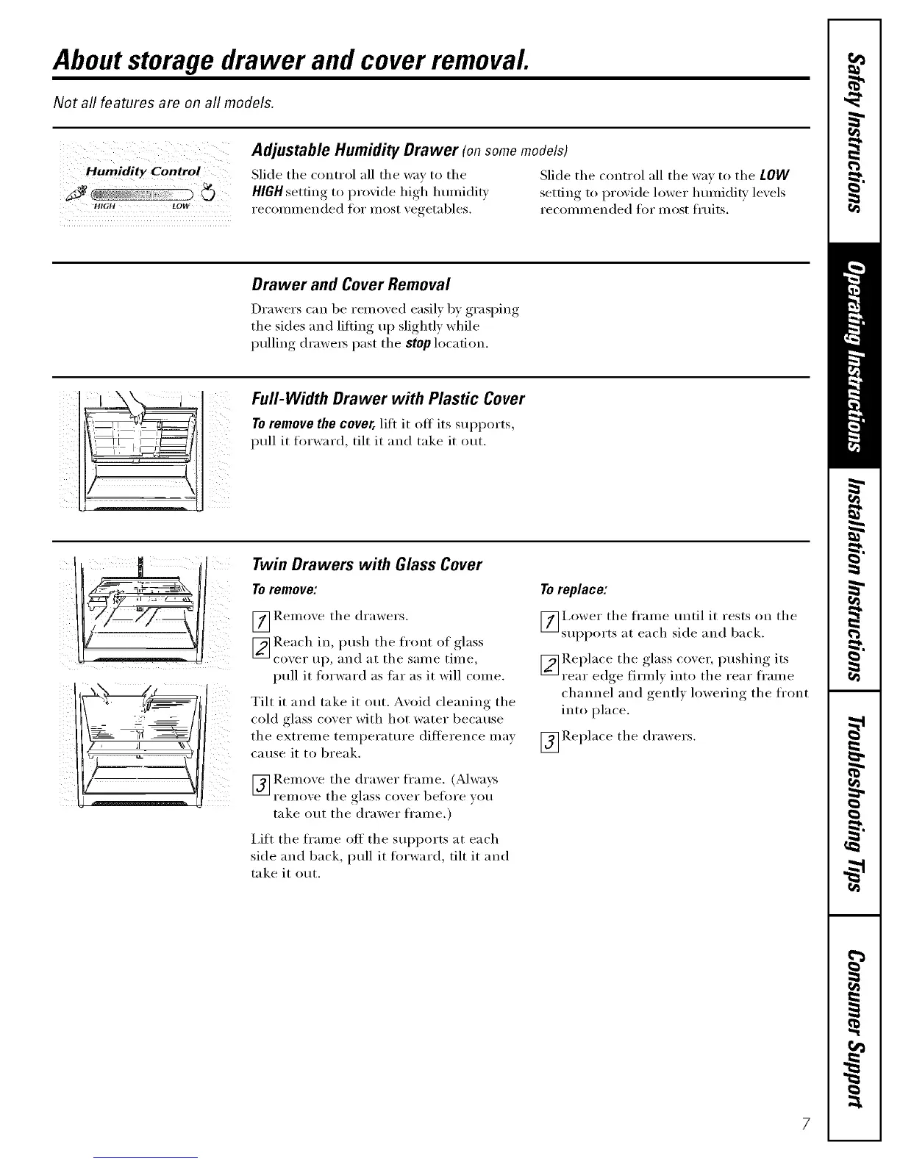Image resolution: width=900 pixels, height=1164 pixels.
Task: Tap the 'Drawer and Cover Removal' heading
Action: click(x=350, y=284)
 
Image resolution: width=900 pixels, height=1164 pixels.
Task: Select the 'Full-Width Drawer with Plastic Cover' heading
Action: click(x=387, y=399)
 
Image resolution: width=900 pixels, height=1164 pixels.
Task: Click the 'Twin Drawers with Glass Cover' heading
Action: click(x=366, y=564)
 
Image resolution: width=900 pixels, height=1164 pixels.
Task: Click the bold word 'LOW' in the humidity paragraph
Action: click(x=775, y=176)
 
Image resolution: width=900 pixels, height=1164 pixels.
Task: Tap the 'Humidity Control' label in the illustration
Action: click(x=143, y=171)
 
